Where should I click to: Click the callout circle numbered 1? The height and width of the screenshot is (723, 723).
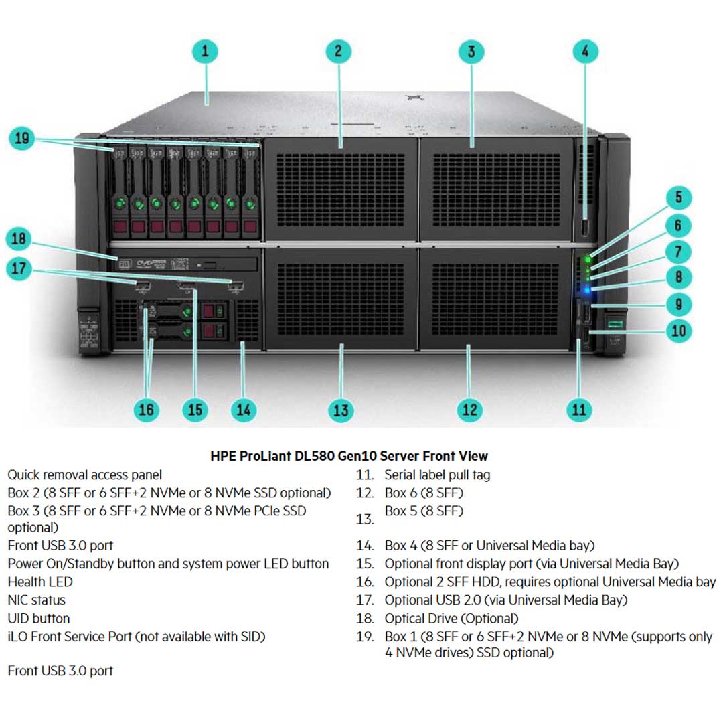pos(206,52)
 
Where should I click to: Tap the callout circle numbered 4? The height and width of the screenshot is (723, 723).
pos(585,52)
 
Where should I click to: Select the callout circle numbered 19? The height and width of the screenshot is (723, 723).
pos(22,139)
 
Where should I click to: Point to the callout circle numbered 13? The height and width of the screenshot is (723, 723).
pos(341,410)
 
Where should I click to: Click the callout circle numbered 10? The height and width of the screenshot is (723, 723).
pos(679,330)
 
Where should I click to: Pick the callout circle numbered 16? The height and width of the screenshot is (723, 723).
pos(146,410)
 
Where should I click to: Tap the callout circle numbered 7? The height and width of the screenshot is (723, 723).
pos(679,251)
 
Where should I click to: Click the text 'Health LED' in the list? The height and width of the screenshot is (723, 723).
pos(40,582)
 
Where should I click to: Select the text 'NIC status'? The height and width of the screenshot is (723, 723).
pos(37,600)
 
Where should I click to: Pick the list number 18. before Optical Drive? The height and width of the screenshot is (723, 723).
pos(365,619)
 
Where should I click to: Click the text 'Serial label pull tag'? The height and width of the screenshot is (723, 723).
pos(437,475)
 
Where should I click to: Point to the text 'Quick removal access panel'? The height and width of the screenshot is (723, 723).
pos(85,475)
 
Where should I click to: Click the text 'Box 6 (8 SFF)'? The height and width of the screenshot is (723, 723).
pos(424,493)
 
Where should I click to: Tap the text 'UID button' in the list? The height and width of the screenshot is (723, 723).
pos(39,619)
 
